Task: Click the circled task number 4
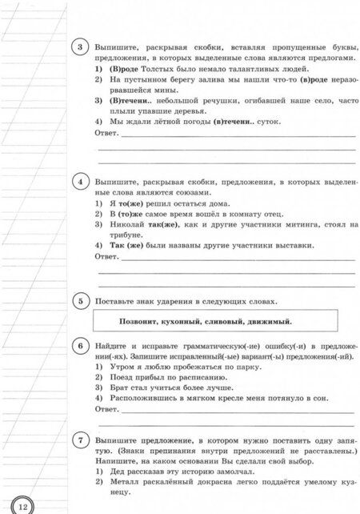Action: click(x=82, y=182)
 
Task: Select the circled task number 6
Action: click(x=82, y=345)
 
